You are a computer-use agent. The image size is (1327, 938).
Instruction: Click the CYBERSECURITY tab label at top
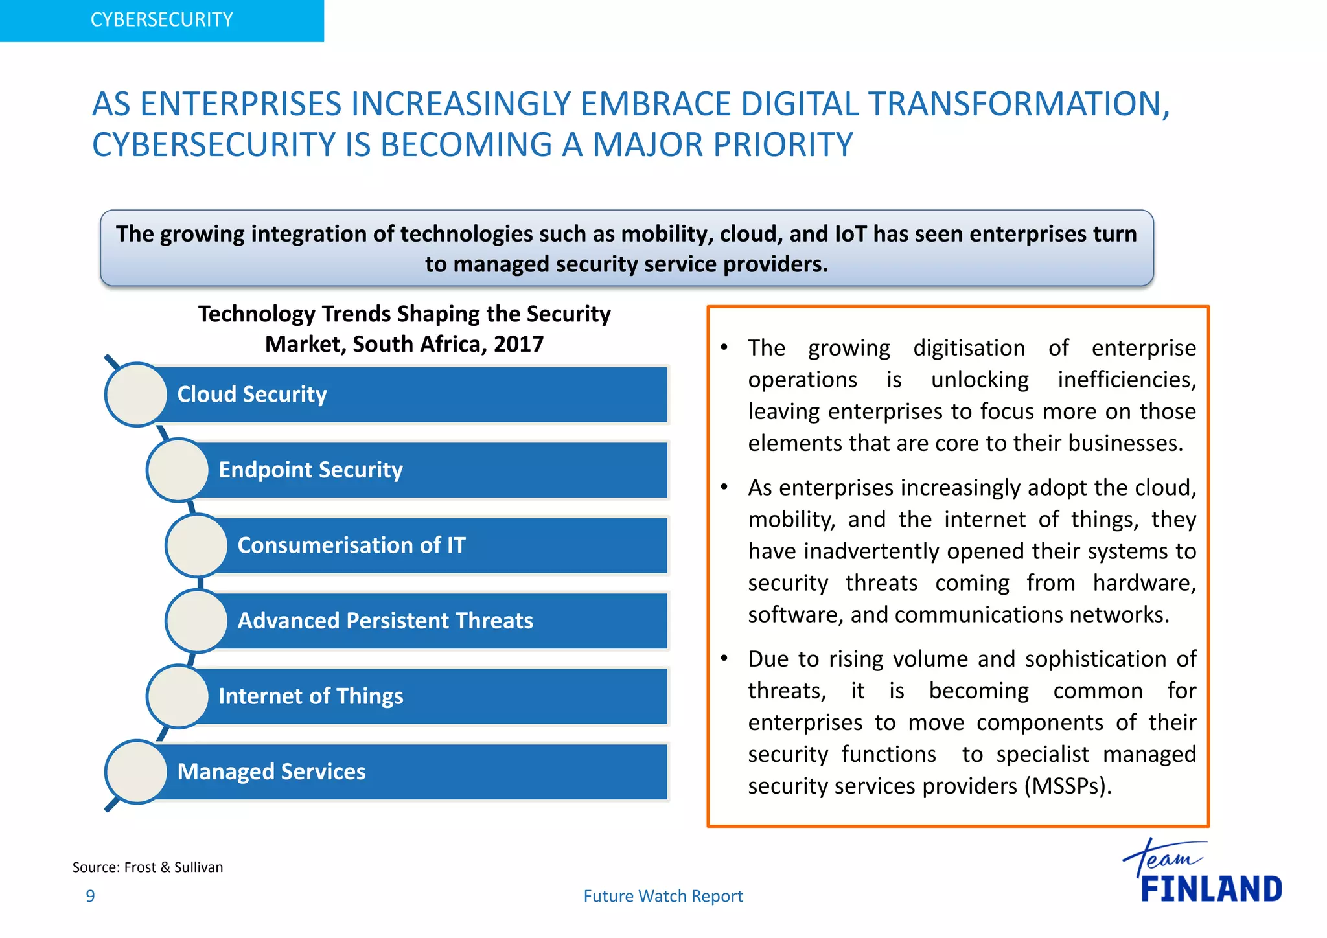pos(161,20)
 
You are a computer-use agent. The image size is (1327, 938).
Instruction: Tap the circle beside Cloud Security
pos(137,395)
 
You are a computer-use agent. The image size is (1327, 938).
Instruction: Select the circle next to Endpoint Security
pos(178,470)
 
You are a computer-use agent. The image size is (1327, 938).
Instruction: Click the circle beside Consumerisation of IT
pos(197,545)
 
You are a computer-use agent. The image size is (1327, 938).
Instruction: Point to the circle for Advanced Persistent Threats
pos(197,621)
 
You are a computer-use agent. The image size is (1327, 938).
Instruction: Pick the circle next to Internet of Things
pos(178,696)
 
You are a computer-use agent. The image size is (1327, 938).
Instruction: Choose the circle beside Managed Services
pos(137,772)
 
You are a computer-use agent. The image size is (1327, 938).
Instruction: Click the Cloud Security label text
pos(252,395)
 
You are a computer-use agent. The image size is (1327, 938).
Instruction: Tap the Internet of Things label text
pos(311,696)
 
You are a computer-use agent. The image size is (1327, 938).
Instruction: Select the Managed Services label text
pos(271,772)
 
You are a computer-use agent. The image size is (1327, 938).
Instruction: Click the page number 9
pos(91,897)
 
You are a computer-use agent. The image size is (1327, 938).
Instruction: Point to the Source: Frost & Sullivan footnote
pos(148,867)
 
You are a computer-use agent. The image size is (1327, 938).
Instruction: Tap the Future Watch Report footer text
pos(663,897)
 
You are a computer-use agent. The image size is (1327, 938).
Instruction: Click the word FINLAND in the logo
pos(1211,889)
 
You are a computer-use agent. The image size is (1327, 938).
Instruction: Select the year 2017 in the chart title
pos(518,344)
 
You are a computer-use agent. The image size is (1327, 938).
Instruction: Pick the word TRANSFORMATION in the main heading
pos(1019,104)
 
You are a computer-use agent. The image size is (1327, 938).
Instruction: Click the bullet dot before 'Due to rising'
pos(724,659)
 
